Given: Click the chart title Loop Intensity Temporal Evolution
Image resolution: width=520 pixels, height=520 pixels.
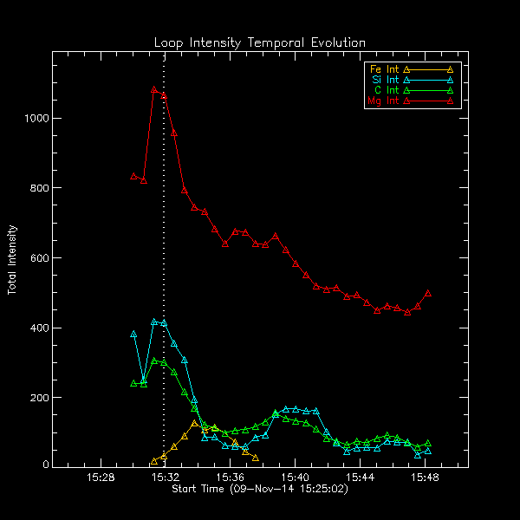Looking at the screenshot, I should pos(260,42).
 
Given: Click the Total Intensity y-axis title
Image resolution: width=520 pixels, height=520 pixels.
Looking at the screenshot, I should pos(13,260).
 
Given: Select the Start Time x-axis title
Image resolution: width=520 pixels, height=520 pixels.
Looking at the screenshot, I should pos(260,490).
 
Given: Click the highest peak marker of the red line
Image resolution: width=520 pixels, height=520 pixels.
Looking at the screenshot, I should pos(154,89).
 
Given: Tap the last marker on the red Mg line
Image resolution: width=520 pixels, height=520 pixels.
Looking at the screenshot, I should pos(428,293).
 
